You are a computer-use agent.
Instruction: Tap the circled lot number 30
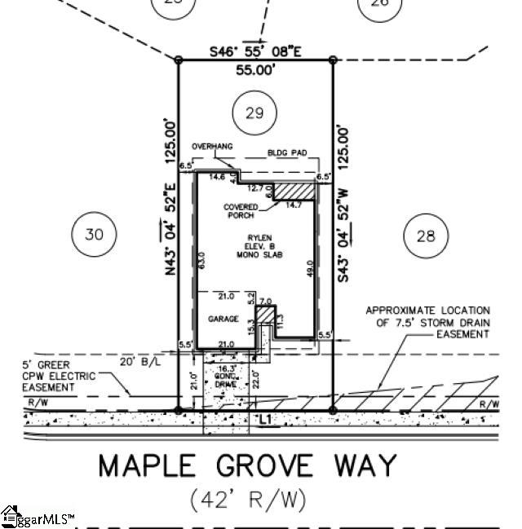(95, 235)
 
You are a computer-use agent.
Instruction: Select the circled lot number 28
(426, 236)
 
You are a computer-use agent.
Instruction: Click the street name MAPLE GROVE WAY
(248, 466)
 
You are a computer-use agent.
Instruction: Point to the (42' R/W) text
(248, 500)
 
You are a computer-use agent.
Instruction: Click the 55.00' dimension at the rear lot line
(255, 71)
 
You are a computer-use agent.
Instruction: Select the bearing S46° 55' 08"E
(256, 51)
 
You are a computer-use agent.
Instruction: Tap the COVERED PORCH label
(239, 211)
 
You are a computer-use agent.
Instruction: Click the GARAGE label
(223, 319)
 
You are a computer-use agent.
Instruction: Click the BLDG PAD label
(285, 152)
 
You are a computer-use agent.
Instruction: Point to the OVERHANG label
(212, 147)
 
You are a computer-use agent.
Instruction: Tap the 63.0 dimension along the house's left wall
(201, 261)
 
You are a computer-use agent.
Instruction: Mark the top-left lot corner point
(179, 60)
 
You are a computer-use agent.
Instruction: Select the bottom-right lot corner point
(333, 410)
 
